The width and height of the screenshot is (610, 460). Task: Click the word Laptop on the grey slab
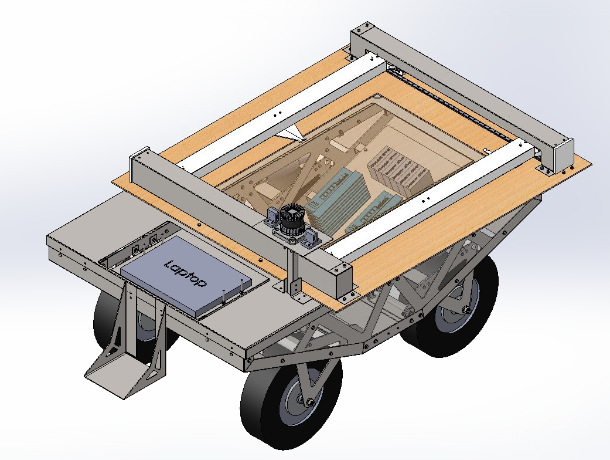(x=186, y=273)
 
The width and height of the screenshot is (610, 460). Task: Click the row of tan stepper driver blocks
(x=398, y=170)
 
